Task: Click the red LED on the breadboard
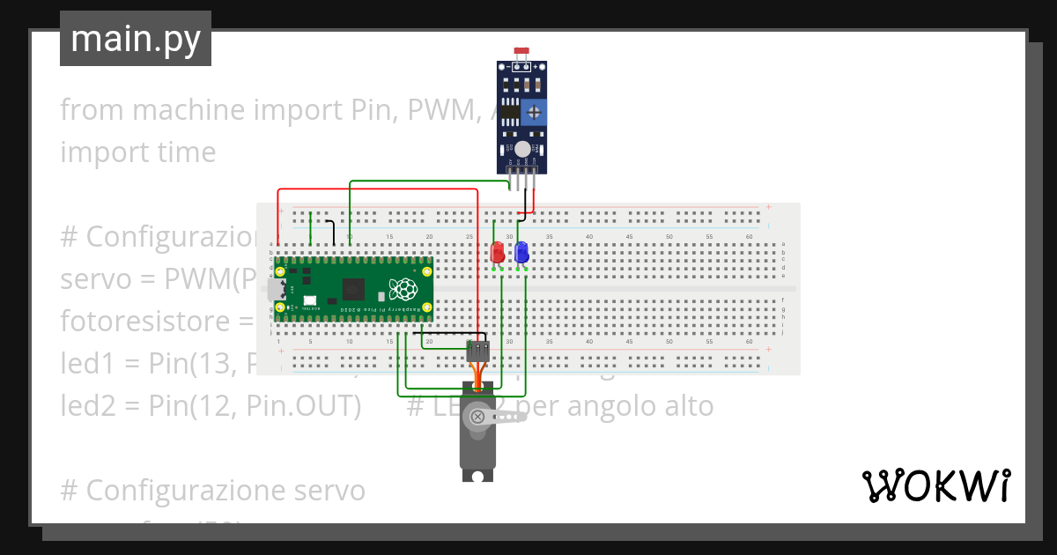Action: tap(497, 252)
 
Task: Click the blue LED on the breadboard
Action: tap(521, 252)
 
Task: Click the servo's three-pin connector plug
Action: tap(477, 351)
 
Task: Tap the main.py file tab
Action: tap(136, 40)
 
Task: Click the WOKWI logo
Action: tap(935, 485)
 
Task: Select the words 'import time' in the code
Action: tap(137, 152)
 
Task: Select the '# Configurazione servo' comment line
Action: tap(212, 489)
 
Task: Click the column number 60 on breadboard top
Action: tap(749, 237)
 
